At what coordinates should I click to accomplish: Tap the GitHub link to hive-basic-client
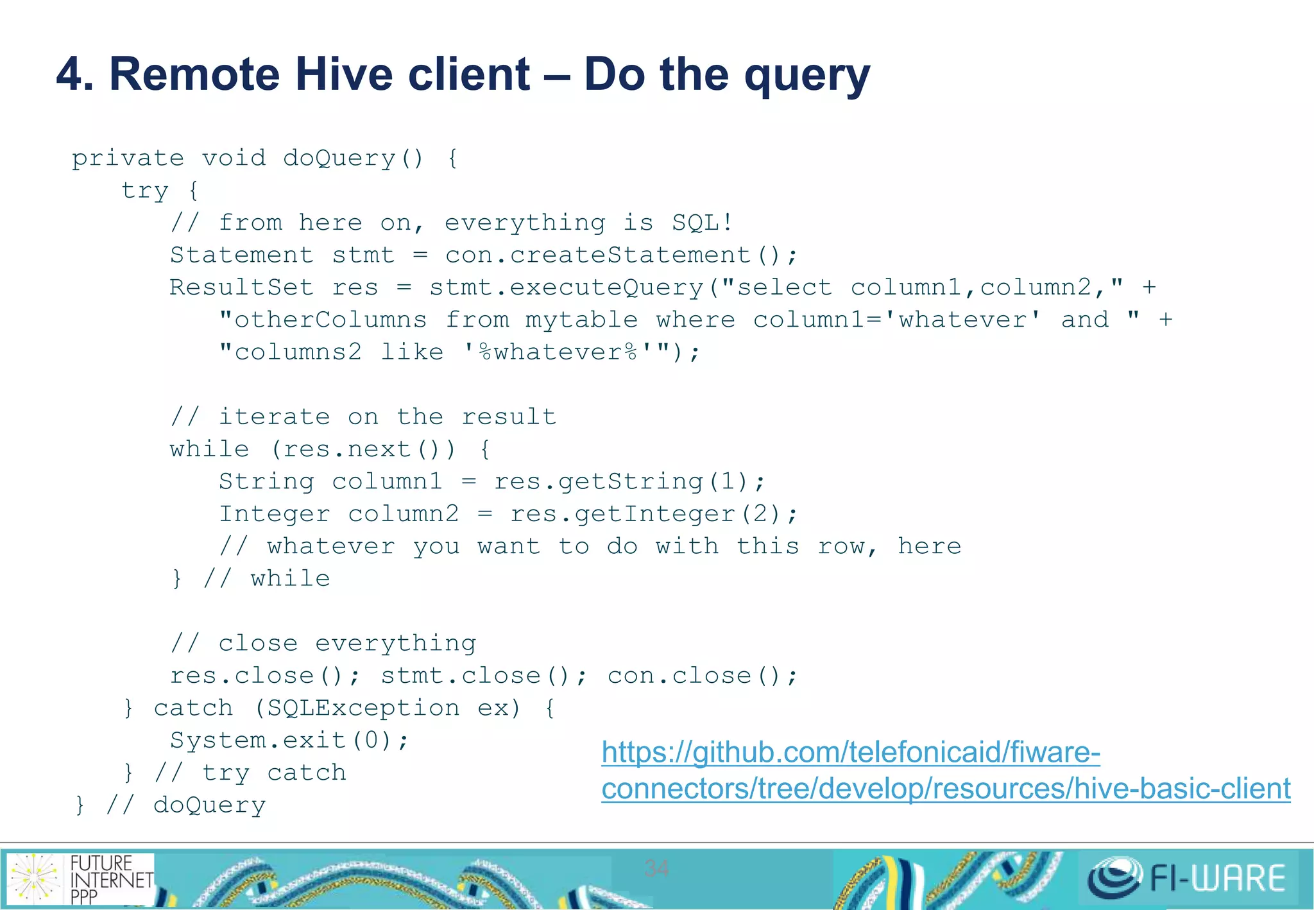[946, 770]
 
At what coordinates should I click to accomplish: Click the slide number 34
[656, 868]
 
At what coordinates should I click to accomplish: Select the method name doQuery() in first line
[354, 158]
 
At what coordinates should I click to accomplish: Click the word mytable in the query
[581, 320]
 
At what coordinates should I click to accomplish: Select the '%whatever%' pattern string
[558, 352]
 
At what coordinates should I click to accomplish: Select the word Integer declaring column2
[274, 514]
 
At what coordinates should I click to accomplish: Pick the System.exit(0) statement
[289, 741]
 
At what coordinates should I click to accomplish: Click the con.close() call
[702, 676]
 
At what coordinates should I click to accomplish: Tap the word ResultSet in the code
[241, 288]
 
